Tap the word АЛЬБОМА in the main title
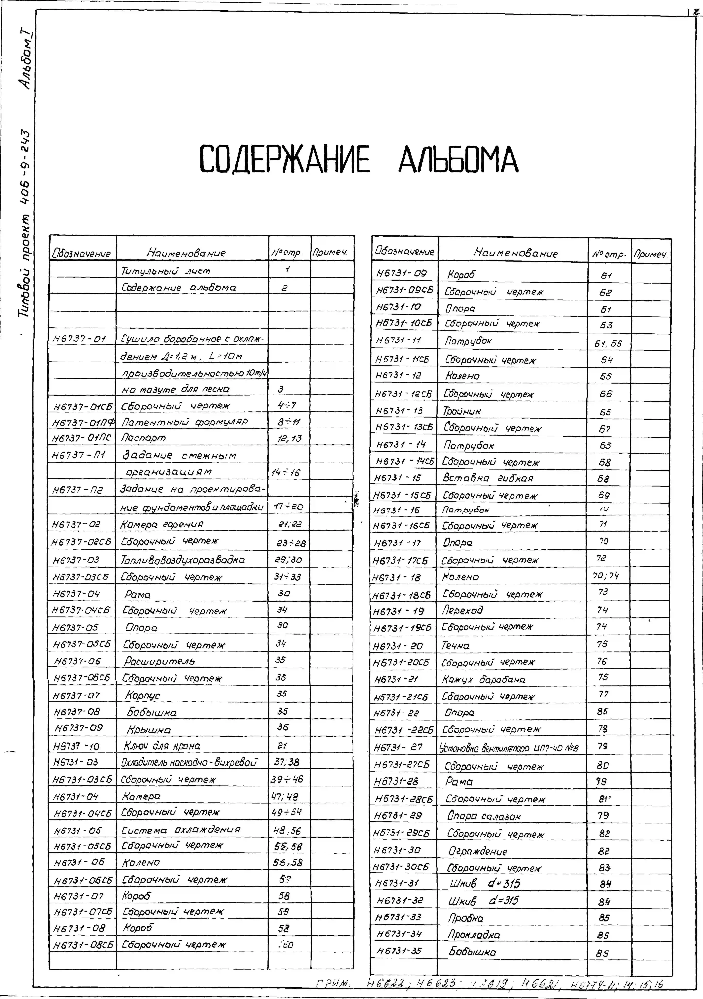click(x=458, y=159)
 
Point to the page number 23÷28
click(x=291, y=543)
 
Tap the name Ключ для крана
click(x=162, y=746)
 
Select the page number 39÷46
click(x=287, y=779)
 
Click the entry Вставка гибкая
click(x=488, y=478)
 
